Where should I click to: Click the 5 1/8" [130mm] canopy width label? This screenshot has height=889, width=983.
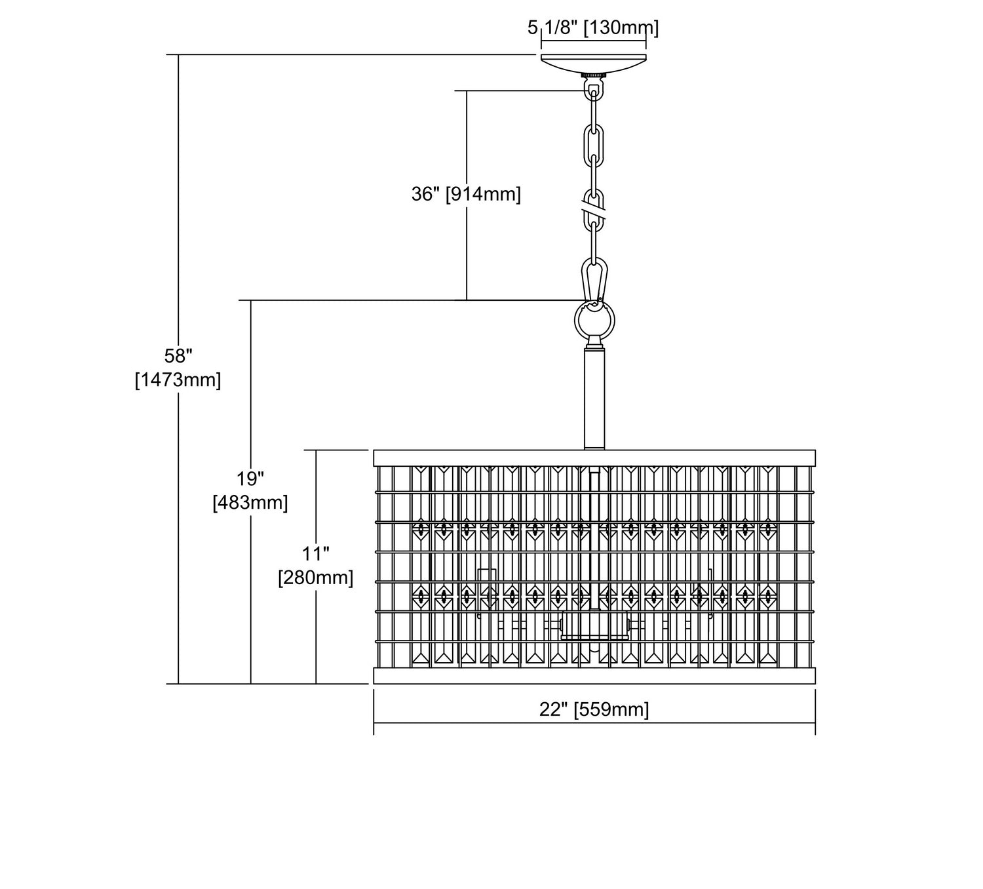[x=593, y=28]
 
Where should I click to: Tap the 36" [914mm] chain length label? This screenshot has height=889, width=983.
[x=466, y=195]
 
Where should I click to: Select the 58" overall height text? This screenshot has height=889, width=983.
[x=178, y=356]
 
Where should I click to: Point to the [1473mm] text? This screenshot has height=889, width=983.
[x=178, y=380]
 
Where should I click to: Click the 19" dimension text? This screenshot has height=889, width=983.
[x=250, y=479]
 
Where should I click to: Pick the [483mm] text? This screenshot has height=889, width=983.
[x=250, y=503]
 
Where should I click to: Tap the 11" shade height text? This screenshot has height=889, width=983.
[x=316, y=554]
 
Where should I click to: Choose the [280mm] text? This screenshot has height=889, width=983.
[x=316, y=578]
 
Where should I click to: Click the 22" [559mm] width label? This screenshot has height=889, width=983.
[x=594, y=709]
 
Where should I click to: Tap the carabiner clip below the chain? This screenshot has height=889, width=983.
[x=594, y=279]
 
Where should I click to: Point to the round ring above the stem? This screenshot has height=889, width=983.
[x=594, y=320]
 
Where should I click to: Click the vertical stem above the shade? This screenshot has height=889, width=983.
[x=594, y=400]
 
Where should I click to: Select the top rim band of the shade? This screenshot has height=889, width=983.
[x=594, y=458]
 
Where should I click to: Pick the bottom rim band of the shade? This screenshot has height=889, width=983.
[x=594, y=676]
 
